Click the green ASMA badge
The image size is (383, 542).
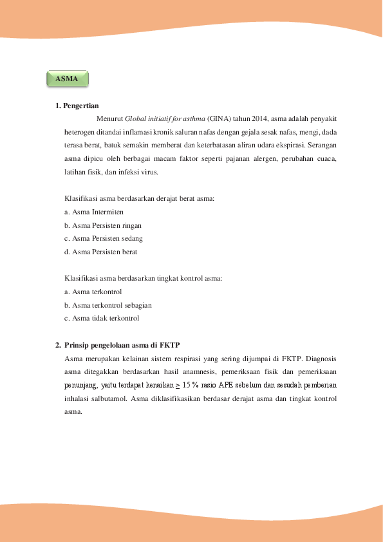67,79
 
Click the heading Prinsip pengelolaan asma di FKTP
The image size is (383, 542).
127,345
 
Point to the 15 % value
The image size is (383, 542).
189,385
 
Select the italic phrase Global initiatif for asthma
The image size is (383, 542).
165,119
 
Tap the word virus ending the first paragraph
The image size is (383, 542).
149,173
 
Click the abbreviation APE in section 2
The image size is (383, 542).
226,385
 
